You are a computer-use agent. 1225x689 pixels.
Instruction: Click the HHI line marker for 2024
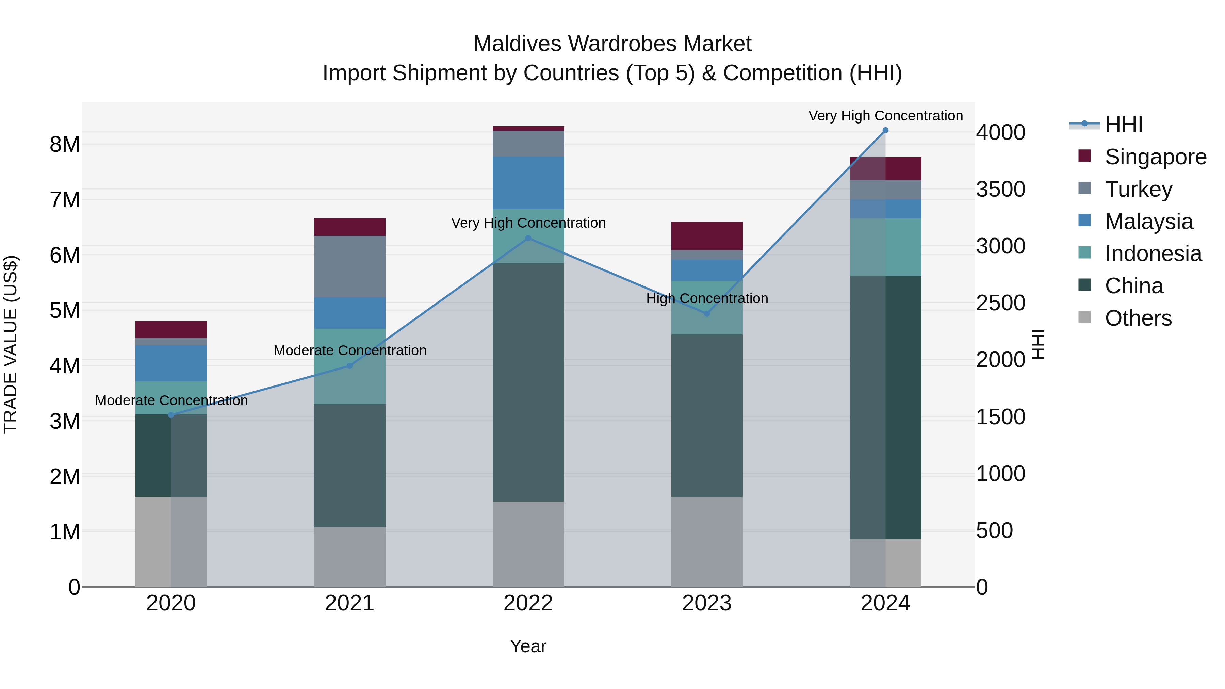tap(885, 130)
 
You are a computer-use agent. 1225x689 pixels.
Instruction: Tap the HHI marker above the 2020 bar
tap(171, 415)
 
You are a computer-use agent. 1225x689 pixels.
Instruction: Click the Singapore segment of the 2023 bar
tap(707, 236)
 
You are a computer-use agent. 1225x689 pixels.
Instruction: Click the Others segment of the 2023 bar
tap(707, 542)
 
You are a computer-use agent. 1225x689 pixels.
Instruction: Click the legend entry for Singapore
tap(1155, 157)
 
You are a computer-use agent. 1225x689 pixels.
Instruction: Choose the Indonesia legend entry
tap(1153, 253)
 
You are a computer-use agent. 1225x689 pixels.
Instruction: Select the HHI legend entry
tap(1123, 125)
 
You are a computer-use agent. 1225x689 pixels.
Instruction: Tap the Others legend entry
tap(1138, 318)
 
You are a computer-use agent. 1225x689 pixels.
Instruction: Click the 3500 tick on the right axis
tap(1000, 189)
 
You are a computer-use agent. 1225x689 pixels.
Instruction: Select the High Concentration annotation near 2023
tap(707, 299)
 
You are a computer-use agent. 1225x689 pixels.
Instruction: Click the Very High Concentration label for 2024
tap(885, 116)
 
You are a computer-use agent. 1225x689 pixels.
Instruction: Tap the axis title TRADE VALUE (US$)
tap(11, 344)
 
